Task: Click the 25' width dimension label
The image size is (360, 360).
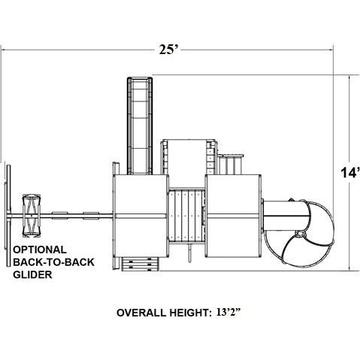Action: (x=170, y=50)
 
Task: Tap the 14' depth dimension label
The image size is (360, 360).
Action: (x=350, y=172)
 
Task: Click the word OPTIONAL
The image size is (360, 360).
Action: (x=40, y=250)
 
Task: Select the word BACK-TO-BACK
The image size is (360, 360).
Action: (x=53, y=262)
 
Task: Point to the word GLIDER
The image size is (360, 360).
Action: (x=32, y=274)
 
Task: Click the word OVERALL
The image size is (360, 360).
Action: (x=141, y=313)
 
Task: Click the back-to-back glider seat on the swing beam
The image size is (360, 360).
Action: (x=32, y=216)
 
